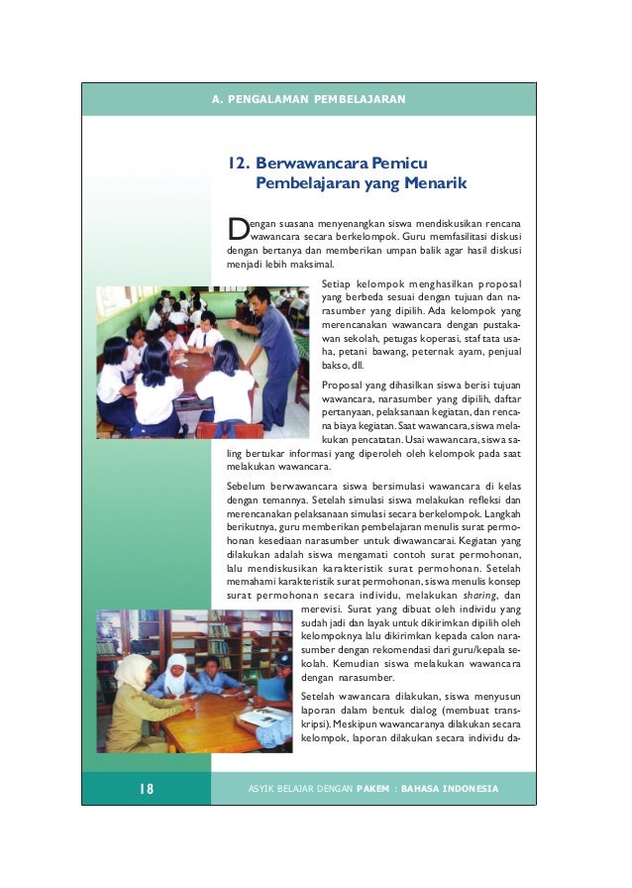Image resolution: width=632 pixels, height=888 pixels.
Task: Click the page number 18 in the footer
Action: pyautogui.click(x=146, y=789)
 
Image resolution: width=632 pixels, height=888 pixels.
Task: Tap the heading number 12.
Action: pyautogui.click(x=237, y=164)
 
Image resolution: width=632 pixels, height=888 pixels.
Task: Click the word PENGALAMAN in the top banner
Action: pyautogui.click(x=272, y=100)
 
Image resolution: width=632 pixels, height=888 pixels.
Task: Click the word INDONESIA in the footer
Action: pyautogui.click(x=464, y=789)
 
